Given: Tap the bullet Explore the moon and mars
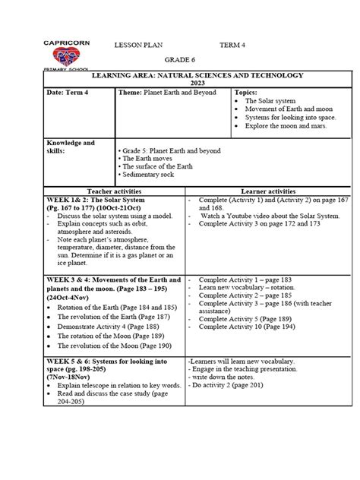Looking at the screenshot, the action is (285, 125).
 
